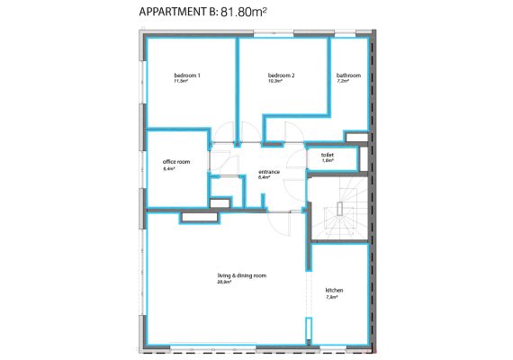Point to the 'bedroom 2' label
pos(282,76)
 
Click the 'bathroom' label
pos(348,76)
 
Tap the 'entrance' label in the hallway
pos(269,171)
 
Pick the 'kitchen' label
pos(334,291)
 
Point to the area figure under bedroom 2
pos(274,82)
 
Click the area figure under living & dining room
pos(224,282)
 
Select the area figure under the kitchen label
pos(330,297)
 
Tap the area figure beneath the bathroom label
pos(342,82)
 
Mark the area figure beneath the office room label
pos(167,168)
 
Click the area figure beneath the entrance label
pos(264,177)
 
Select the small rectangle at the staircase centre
pos(339,209)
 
